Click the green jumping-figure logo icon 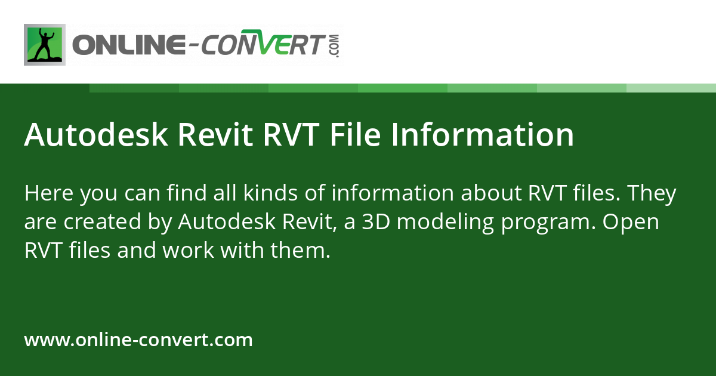coord(45,45)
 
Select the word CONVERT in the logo coord(264,45)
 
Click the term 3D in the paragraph coord(376,222)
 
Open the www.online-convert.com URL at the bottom coord(138,340)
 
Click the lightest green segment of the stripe coord(671,88)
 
